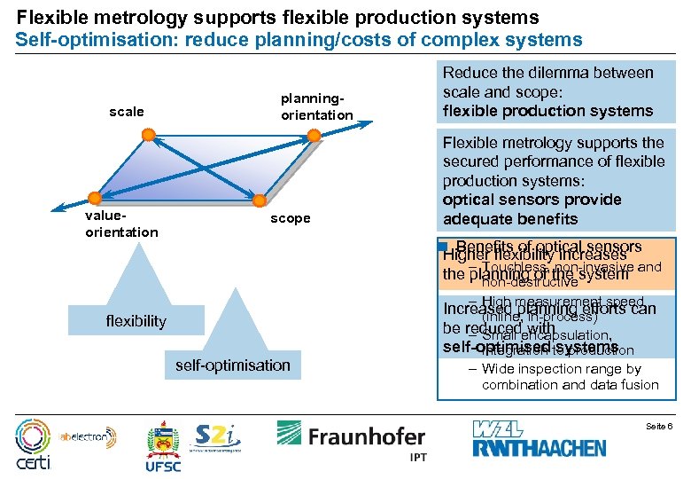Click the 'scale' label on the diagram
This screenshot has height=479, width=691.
pos(126,113)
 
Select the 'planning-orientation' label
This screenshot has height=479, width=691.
pos(316,106)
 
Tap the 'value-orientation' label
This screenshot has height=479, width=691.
pos(120,224)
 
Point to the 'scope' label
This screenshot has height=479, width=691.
pos(291,218)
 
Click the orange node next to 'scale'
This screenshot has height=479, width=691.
pos(149,135)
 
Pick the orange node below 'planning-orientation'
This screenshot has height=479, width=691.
pos(314,135)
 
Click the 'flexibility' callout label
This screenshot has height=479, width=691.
pos(136,320)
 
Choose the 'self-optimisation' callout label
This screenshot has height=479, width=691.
pos(233,365)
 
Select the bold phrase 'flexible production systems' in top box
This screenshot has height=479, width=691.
pos(547,111)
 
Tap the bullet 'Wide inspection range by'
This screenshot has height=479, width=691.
pos(561,368)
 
